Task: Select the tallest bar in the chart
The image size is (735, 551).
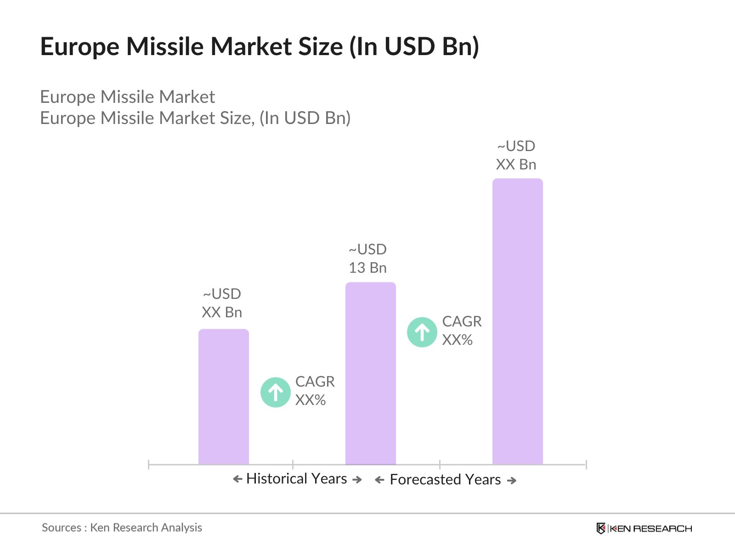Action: (517, 321)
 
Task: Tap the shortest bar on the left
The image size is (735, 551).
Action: (223, 397)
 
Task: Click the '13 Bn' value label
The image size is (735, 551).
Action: (367, 268)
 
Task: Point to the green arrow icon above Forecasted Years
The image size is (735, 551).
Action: (422, 332)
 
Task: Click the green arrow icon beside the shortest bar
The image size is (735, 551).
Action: (275, 392)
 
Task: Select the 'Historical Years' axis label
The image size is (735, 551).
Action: (296, 478)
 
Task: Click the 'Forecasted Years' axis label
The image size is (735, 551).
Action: (445, 479)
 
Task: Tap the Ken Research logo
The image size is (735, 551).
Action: (644, 529)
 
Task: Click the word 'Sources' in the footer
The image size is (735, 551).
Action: (62, 528)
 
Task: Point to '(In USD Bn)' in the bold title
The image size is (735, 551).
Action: (414, 46)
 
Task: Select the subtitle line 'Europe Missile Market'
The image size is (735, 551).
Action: (127, 97)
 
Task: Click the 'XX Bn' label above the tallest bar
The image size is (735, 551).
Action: (516, 164)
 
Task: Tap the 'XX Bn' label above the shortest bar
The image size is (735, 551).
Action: (222, 312)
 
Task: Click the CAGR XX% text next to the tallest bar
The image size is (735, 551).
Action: (461, 331)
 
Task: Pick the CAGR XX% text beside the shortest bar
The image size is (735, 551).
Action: (314, 391)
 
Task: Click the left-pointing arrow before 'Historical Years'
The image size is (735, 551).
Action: (237, 479)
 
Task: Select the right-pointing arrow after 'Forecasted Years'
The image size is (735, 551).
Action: (512, 480)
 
